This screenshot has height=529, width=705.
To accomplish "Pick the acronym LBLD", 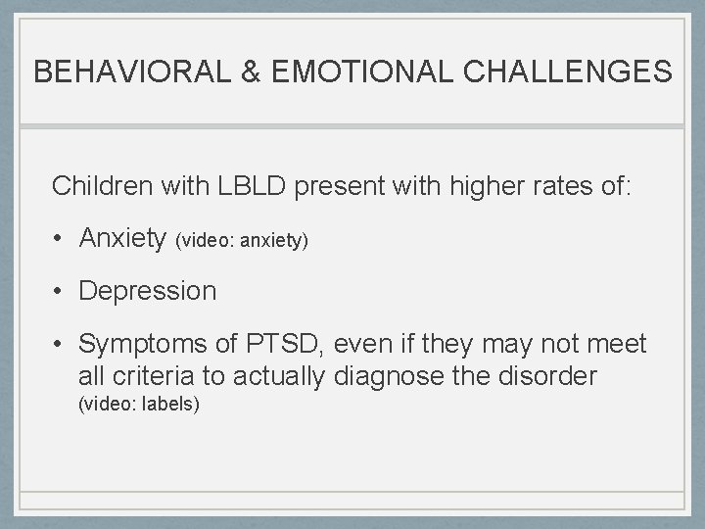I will (260, 185).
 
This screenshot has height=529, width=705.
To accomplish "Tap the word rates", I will (555, 185).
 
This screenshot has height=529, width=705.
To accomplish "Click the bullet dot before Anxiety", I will (61, 239).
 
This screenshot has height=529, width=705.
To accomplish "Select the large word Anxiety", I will (122, 238).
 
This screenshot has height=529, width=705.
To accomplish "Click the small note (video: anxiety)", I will (242, 240).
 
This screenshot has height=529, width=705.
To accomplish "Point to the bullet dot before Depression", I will (61, 292).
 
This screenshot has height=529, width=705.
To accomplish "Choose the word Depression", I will (148, 291).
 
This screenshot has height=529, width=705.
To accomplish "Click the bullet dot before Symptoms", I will (61, 345).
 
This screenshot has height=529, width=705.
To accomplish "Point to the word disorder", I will (546, 376).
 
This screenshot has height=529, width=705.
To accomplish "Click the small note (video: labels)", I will (138, 403).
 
